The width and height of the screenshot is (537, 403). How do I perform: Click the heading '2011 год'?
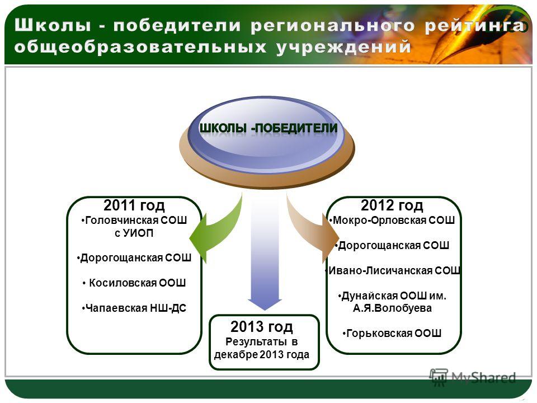pos(134,205)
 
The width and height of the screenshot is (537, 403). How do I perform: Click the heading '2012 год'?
pos(392,205)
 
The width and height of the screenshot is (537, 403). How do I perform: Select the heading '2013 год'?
pos(262,326)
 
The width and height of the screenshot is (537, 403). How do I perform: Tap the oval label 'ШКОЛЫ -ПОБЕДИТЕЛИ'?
pos(268,128)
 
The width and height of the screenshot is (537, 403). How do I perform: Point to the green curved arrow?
pos(219,233)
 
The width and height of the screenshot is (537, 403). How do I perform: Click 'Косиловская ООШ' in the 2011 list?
pos(138,283)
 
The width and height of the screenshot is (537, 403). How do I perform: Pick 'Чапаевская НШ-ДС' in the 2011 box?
pos(135,308)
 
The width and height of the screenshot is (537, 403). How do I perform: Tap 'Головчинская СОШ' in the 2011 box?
pos(135,220)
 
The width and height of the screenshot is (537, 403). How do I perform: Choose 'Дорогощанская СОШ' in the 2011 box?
pos(135,257)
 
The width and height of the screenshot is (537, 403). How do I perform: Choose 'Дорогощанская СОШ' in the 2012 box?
pos(393,245)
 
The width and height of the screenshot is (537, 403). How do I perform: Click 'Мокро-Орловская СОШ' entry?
pos(393,220)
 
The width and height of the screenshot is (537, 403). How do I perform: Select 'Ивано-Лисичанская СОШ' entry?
pos(394,270)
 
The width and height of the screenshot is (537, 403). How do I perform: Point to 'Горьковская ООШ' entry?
pos(394,333)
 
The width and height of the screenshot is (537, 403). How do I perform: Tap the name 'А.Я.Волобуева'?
pos(393,308)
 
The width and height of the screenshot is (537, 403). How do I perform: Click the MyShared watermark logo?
pos(473,378)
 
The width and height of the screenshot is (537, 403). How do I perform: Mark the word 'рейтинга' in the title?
pos(475,26)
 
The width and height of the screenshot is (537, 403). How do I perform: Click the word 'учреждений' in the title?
pos(343,47)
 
